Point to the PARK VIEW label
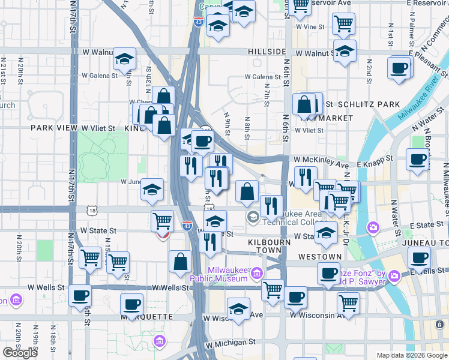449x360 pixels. click(x=55, y=128)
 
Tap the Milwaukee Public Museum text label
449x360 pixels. click(x=219, y=274)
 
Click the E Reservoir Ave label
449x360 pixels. click(x=428, y=4)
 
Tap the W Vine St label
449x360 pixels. click(x=310, y=27)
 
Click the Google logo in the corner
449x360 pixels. click(x=20, y=353)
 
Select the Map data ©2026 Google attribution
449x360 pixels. click(x=411, y=355)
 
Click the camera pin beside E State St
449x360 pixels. click(x=373, y=228)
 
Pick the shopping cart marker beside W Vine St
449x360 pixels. click(x=343, y=23)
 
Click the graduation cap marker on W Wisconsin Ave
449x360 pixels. click(x=238, y=309)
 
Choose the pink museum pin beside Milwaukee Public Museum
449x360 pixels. click(x=257, y=274)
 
